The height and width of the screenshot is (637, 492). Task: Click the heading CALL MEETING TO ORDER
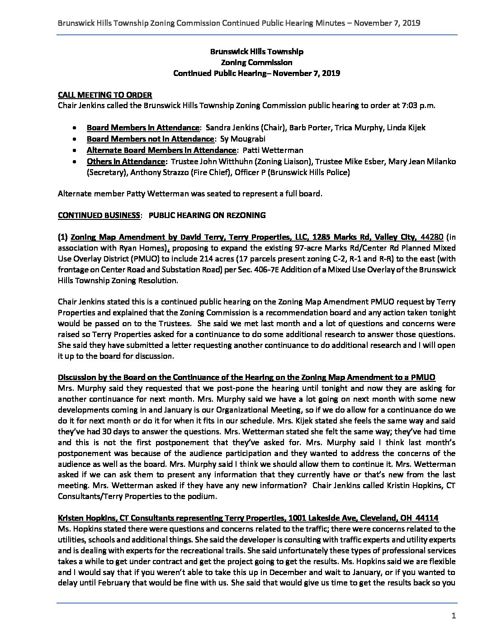105,95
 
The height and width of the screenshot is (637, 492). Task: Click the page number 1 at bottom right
453,616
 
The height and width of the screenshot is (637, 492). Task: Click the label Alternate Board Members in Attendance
161,150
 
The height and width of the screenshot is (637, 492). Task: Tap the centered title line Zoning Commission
256,62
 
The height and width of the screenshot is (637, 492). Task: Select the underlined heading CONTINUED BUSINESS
99,215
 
